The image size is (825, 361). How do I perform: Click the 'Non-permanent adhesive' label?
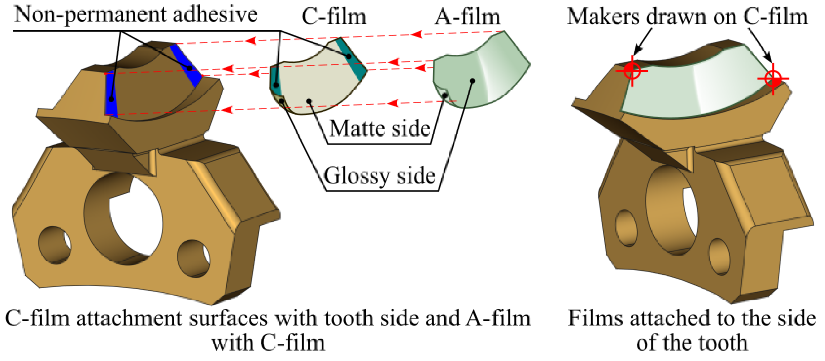(x=136, y=14)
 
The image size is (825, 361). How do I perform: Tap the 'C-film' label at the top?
(x=334, y=16)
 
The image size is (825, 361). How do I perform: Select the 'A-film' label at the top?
(x=467, y=16)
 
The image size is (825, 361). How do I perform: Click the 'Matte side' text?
(x=380, y=129)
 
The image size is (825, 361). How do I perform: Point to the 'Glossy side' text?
(x=380, y=176)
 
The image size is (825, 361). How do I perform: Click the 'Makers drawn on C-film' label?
(x=687, y=16)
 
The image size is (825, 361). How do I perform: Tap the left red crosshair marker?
(x=632, y=71)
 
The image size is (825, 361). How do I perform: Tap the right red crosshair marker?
(x=773, y=79)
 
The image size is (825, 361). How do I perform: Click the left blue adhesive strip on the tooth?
(x=111, y=94)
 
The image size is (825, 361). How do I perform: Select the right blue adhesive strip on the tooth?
(x=186, y=65)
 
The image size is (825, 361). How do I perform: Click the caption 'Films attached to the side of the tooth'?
(x=692, y=330)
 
